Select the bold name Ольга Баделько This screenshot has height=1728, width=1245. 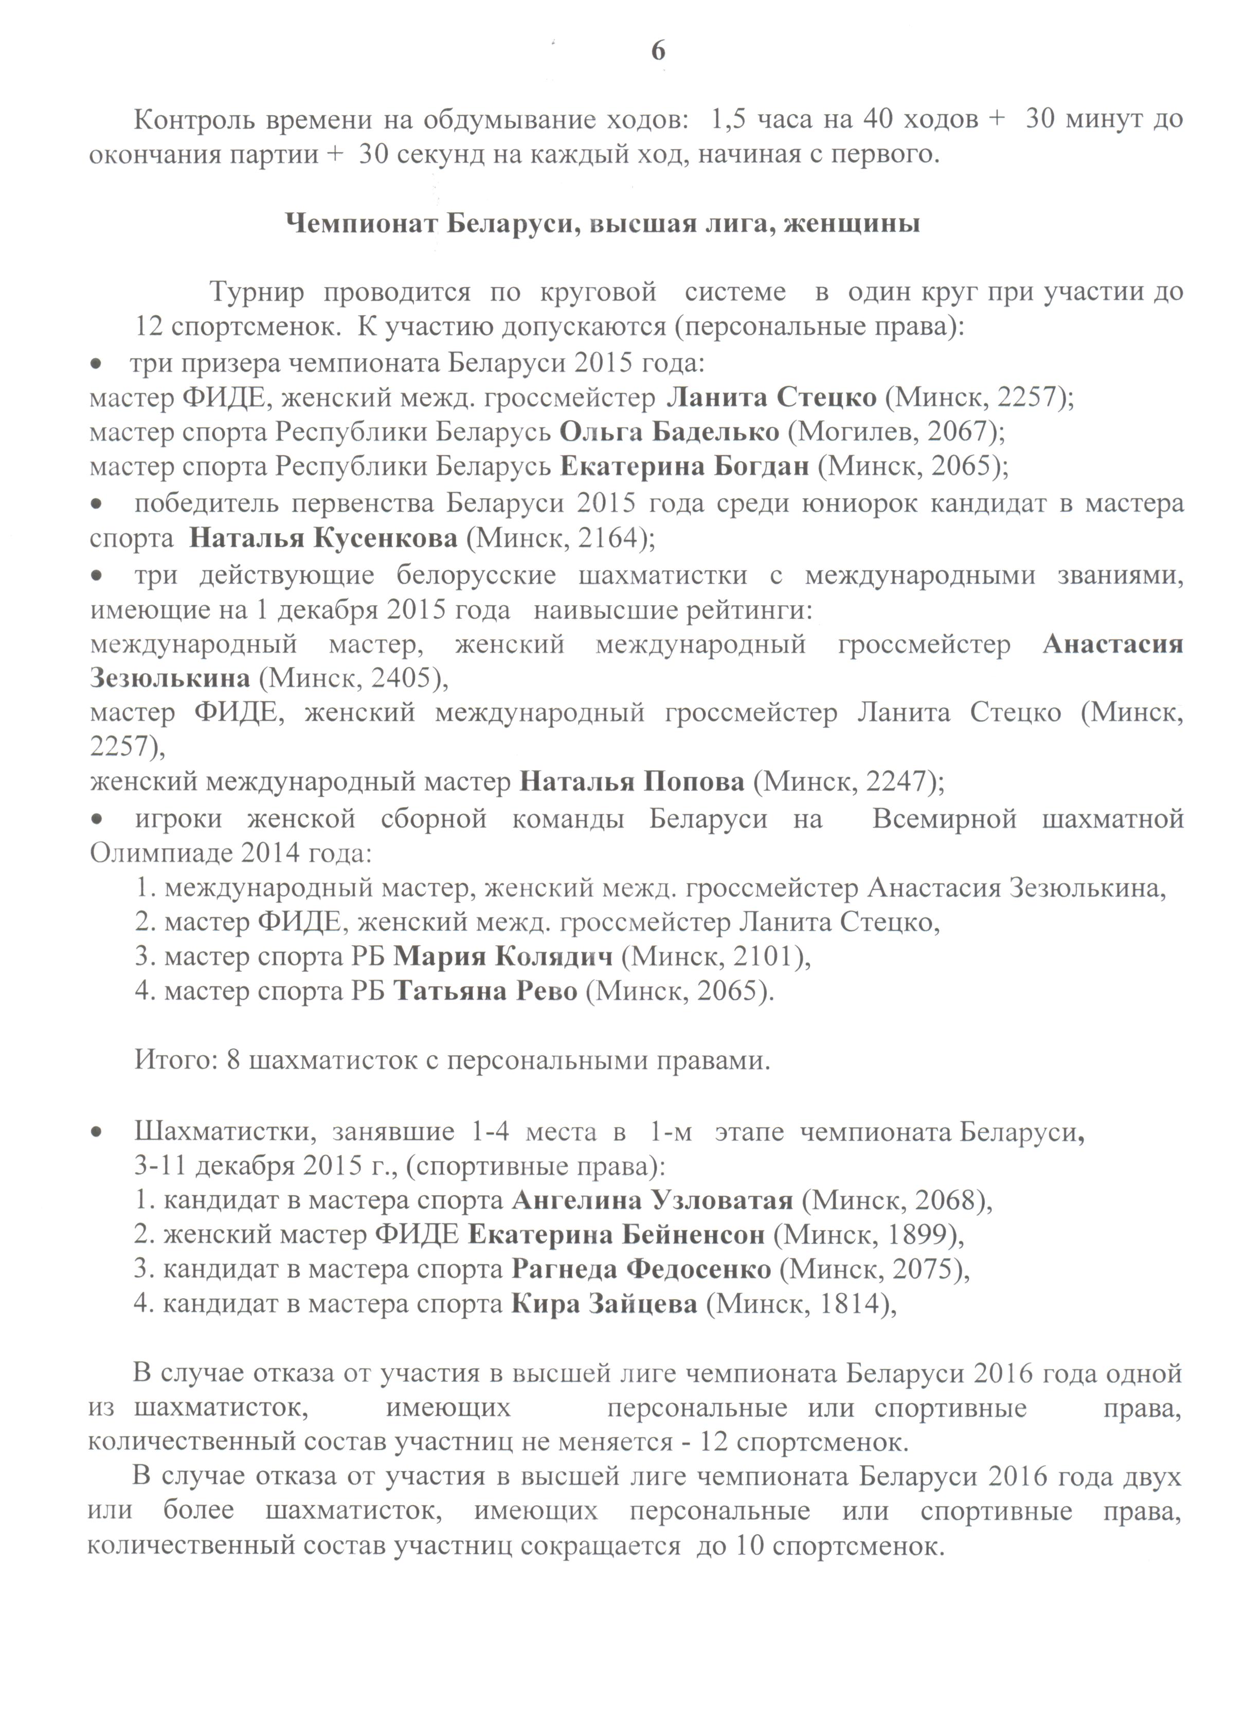coord(669,431)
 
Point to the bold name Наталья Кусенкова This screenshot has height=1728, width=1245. coord(323,538)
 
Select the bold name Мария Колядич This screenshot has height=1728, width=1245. coord(503,956)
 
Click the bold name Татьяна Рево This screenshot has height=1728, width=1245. coord(485,991)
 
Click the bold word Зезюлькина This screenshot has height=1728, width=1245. coord(169,677)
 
